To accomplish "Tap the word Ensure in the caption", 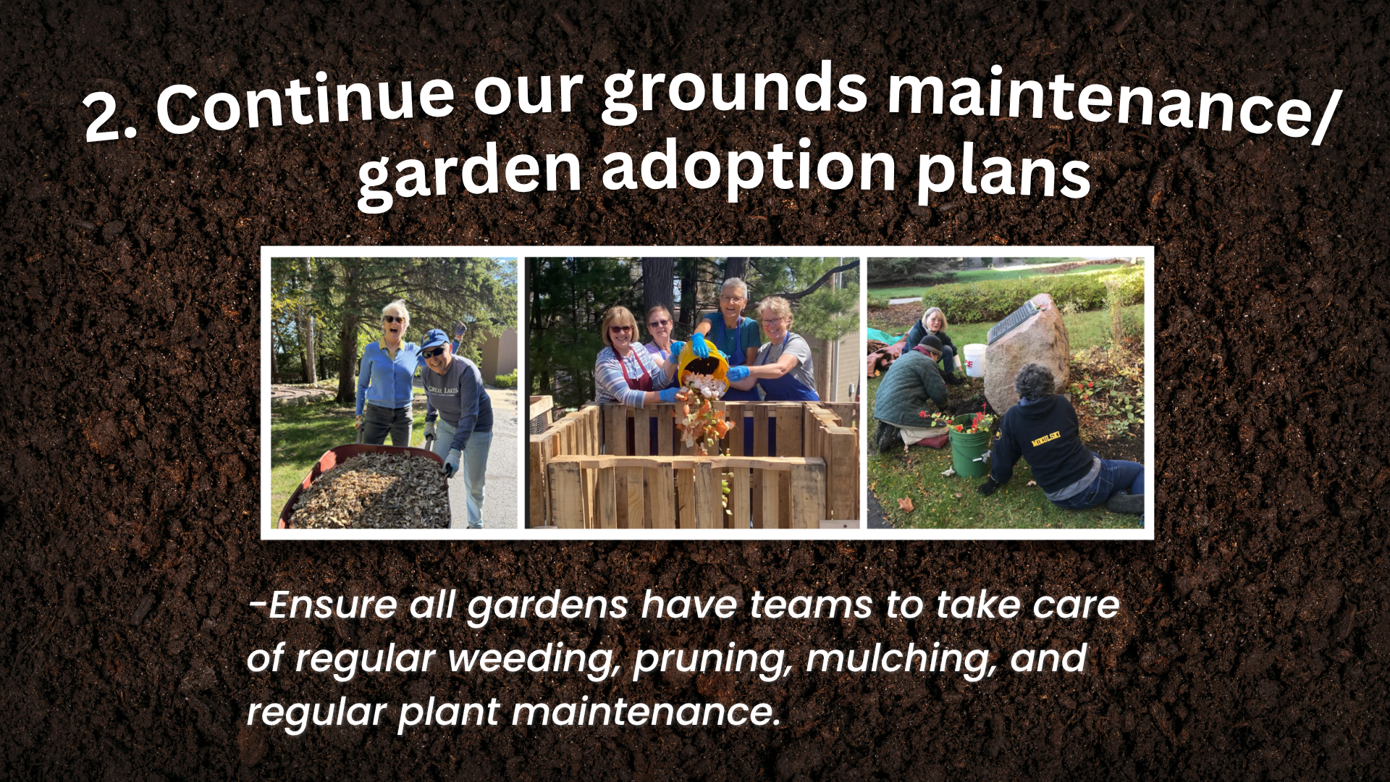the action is click(323, 605).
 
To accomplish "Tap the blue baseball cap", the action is click(434, 340).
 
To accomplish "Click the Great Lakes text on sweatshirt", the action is click(443, 392).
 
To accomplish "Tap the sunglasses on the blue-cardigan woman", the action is click(395, 319).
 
